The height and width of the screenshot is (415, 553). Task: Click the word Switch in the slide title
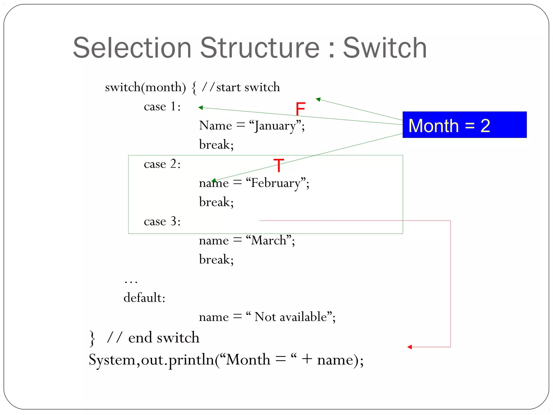click(385, 48)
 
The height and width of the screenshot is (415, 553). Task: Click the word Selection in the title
click(132, 48)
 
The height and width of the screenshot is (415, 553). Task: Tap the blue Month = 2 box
click(464, 125)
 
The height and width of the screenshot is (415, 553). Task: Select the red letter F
click(300, 109)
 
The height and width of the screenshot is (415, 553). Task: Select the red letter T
click(279, 165)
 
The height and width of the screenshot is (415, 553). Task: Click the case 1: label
click(162, 106)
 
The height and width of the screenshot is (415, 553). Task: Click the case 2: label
click(162, 164)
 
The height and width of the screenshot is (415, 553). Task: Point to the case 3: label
click(162, 221)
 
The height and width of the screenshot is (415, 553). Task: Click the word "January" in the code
click(275, 126)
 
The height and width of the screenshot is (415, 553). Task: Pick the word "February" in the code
click(275, 183)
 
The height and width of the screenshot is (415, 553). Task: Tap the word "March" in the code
click(269, 240)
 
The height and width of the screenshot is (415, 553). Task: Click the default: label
click(144, 298)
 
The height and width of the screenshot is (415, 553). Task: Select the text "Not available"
click(291, 317)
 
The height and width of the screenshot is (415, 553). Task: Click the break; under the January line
click(216, 145)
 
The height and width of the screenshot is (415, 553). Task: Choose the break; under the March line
click(216, 259)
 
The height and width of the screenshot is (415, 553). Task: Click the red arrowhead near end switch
click(410, 347)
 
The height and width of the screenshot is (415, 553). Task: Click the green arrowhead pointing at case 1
click(200, 108)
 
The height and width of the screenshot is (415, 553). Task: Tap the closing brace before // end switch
click(92, 338)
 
